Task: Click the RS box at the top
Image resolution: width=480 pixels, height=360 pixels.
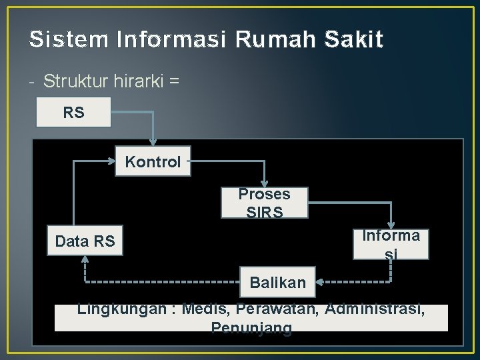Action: (73, 113)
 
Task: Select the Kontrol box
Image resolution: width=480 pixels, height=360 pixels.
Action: (153, 161)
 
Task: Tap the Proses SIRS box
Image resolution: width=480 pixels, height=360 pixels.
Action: (265, 202)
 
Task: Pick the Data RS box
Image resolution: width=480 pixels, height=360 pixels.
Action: (85, 241)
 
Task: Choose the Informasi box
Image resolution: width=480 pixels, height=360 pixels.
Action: (391, 243)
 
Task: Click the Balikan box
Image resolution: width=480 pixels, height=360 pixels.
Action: (277, 282)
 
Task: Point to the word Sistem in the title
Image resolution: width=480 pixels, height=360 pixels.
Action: (69, 40)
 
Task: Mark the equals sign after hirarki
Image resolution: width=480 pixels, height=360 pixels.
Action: (174, 81)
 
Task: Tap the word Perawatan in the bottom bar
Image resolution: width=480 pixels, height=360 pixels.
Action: (277, 310)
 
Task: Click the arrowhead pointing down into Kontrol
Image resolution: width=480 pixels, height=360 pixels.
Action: (153, 142)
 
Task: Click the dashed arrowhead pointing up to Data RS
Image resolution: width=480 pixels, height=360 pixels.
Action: (85, 259)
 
